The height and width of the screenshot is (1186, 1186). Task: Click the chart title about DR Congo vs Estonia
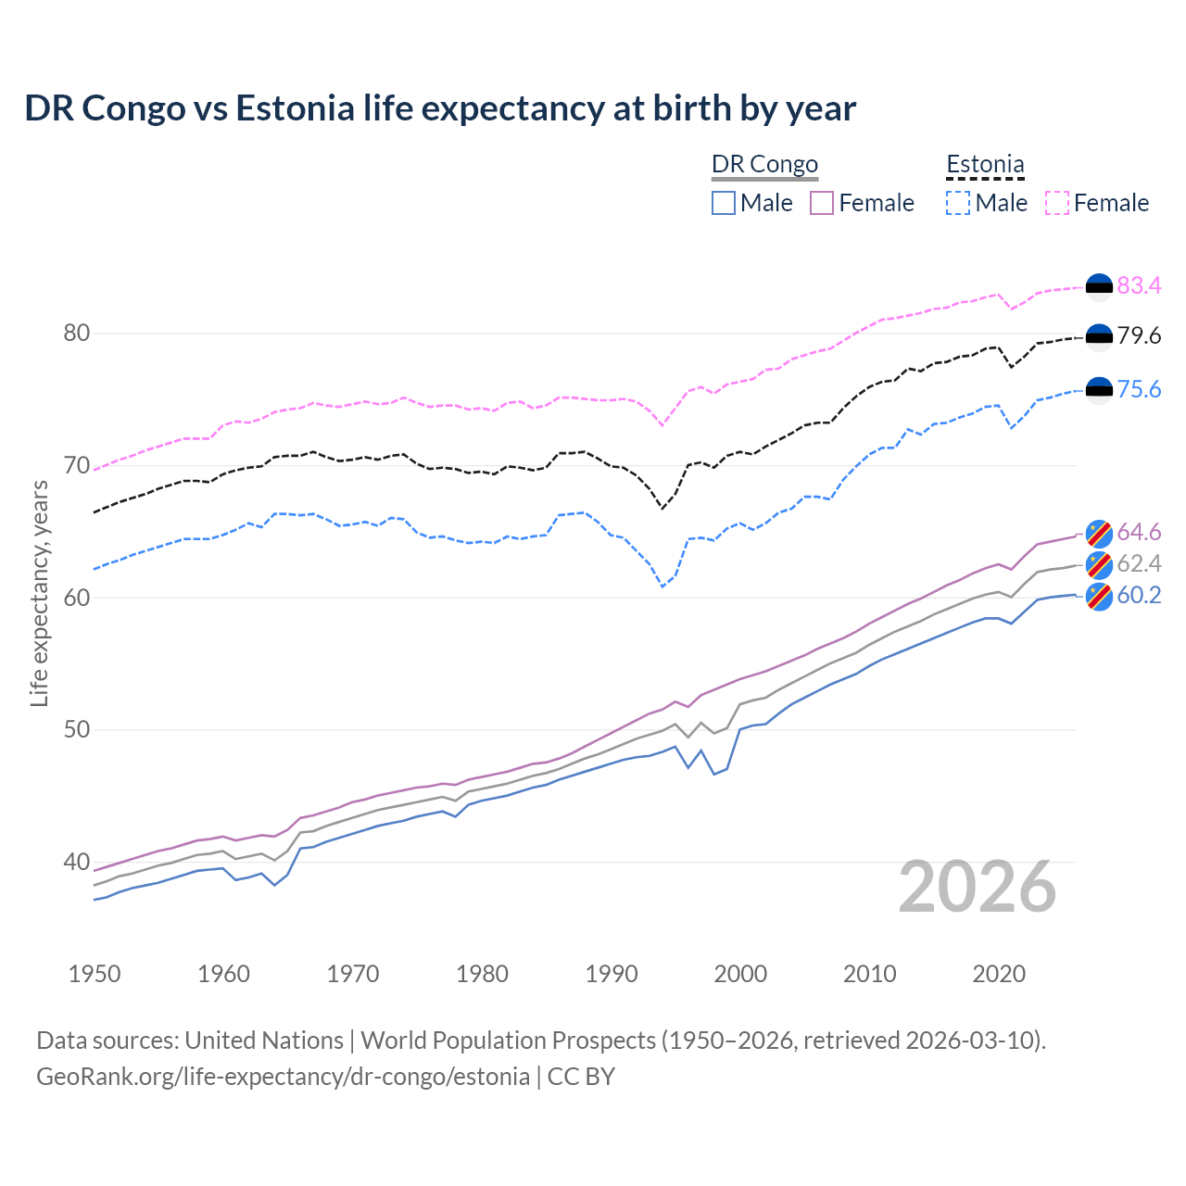[x=440, y=108]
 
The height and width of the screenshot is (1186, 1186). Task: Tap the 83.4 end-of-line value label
[x=1139, y=285]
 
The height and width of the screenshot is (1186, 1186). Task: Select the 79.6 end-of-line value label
[x=1139, y=335]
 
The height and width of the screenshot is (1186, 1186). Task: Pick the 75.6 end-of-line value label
[x=1139, y=389]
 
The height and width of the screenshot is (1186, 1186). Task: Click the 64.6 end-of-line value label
[x=1139, y=532]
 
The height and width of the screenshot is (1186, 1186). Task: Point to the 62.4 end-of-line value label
[x=1139, y=563]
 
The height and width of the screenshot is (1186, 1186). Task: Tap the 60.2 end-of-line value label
[x=1139, y=595]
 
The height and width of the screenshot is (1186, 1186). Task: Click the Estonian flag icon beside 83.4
[x=1099, y=286]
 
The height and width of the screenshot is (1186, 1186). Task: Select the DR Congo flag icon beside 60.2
[x=1099, y=596]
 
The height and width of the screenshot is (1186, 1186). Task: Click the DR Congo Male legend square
[x=724, y=203]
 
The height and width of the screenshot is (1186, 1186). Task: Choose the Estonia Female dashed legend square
[x=1056, y=203]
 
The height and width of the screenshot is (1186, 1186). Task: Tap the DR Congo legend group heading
[x=764, y=165]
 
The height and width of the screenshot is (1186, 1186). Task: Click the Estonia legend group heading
[x=985, y=165]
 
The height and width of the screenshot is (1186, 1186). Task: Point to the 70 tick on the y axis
[x=77, y=465]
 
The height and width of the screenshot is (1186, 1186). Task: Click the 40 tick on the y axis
[x=77, y=862]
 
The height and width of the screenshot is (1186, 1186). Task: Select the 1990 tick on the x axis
[x=612, y=974]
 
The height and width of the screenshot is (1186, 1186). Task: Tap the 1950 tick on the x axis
[x=95, y=974]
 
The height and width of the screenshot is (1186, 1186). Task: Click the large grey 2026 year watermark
[x=978, y=887]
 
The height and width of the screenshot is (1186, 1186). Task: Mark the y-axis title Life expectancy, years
[x=39, y=593]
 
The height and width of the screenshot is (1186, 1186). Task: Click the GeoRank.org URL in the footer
[x=283, y=1077]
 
